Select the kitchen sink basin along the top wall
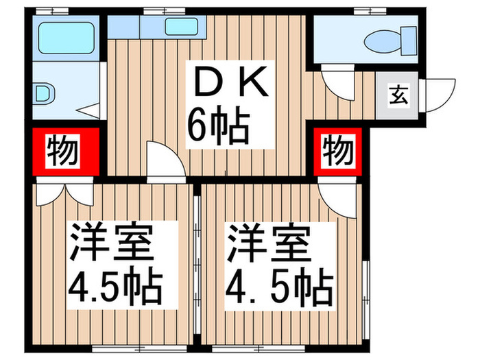pos(180,27)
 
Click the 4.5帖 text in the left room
pos(115,288)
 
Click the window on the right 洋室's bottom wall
pos(284,348)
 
